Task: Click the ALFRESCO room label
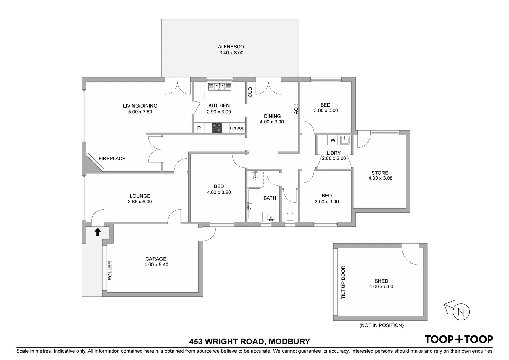[231, 47]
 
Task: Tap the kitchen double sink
[217, 86]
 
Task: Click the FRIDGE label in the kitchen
[237, 128]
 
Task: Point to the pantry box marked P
[199, 128]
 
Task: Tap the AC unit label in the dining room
[296, 111]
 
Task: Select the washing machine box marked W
[333, 140]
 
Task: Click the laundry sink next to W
[345, 140]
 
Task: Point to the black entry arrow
[98, 232]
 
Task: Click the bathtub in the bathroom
[254, 203]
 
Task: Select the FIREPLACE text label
[112, 159]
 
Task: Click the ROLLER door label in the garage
[110, 270]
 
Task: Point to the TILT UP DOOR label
[343, 282]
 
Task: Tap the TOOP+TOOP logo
[459, 339]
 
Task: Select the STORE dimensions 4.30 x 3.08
[380, 178]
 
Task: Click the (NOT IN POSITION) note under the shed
[381, 325]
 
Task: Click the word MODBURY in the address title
[290, 342]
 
